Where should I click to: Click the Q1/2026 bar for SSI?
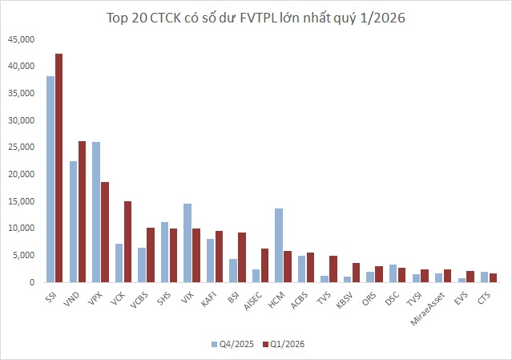(x=58, y=168)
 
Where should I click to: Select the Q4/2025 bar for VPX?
(x=96, y=212)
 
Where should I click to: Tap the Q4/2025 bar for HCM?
(x=279, y=245)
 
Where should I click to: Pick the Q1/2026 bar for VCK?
(x=127, y=242)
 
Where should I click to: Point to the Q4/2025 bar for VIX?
(x=187, y=243)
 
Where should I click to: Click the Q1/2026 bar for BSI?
(x=242, y=257)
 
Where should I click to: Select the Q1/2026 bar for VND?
(x=82, y=212)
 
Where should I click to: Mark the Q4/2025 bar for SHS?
(x=164, y=253)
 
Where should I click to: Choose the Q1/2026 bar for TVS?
(x=333, y=269)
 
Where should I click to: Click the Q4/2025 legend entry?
(x=232, y=344)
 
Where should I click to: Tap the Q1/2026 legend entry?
(x=284, y=344)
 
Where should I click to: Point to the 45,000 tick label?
(x=21, y=39)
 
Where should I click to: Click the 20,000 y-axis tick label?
(x=21, y=175)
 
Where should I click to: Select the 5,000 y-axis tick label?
(x=23, y=256)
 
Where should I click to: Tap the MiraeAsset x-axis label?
(x=428, y=309)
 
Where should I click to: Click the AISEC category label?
(x=253, y=301)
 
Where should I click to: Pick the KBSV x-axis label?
(x=345, y=300)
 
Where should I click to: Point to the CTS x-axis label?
(x=484, y=298)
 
